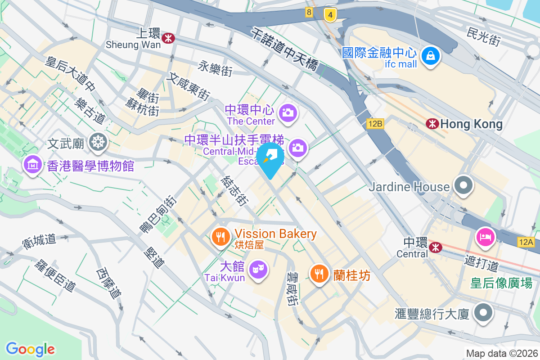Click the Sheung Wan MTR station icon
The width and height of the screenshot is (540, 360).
coord(169,39)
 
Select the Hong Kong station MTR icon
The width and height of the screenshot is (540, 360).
coord(432,124)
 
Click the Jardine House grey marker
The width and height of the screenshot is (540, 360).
coord(462,185)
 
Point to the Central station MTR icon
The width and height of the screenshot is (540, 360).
coord(435,247)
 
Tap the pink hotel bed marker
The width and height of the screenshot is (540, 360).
coord(486,237)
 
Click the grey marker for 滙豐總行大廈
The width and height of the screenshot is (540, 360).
coord(483,313)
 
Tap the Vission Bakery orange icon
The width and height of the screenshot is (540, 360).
coord(220,236)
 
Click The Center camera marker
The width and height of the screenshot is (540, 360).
coord(287,112)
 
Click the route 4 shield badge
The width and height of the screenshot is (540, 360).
coord(330,15)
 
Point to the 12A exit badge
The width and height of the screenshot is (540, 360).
coord(525,242)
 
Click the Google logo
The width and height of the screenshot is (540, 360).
coord(30,349)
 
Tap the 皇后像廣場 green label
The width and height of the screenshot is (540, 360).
coord(501,283)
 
